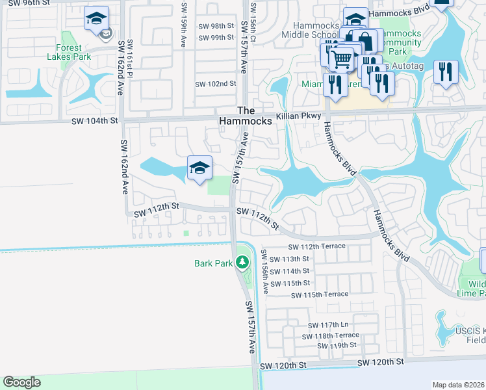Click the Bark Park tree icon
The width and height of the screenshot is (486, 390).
[242, 263]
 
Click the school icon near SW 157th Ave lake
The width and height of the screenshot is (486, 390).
[199, 168]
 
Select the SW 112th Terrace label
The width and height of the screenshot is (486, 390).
[317, 246]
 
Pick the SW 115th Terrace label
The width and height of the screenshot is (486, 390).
[320, 294]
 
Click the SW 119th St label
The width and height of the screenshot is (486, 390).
[337, 345]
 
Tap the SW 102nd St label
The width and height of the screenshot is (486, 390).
[216, 84]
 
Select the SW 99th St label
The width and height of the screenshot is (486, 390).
[216, 37]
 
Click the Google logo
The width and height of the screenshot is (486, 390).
[21, 382]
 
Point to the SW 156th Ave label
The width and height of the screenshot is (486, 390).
[265, 270]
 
